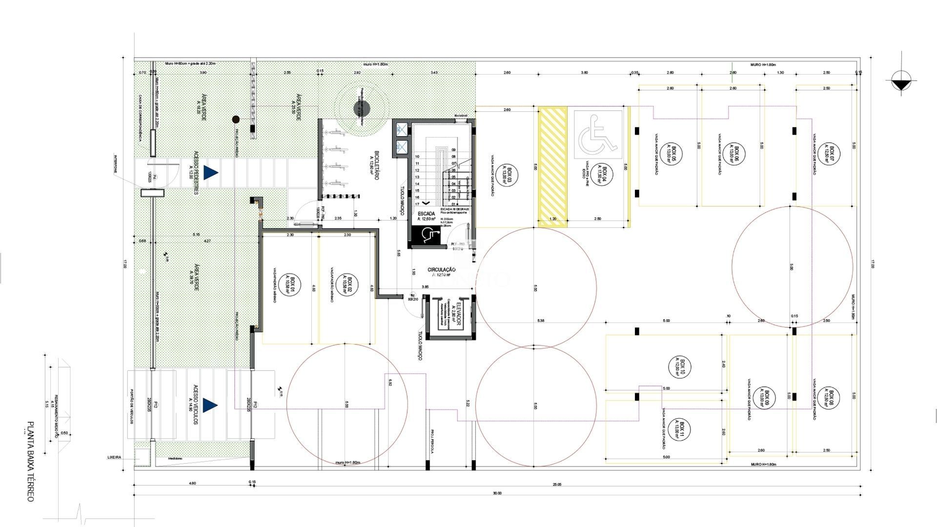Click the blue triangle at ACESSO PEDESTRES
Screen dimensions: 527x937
point(210,172)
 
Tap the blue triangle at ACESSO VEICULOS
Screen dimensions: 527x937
point(210,405)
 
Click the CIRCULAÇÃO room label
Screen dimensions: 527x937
point(441,270)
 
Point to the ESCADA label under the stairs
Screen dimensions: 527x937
point(426,214)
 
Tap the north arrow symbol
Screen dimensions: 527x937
point(901,81)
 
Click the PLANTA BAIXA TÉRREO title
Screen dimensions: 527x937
point(30,461)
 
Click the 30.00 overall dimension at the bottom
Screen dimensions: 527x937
point(497,493)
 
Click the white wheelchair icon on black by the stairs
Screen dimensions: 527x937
point(426,236)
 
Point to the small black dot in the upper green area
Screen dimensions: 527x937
point(236,119)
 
